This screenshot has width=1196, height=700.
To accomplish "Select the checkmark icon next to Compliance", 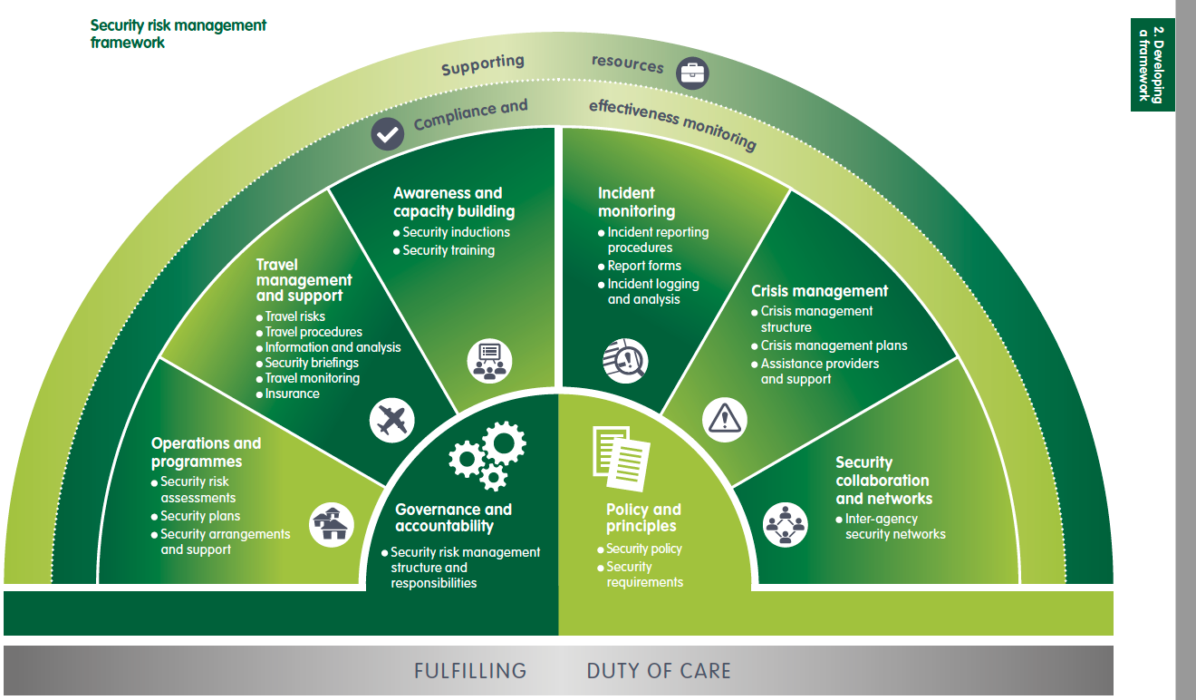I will [x=388, y=135].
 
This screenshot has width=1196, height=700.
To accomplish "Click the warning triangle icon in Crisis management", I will [x=724, y=419].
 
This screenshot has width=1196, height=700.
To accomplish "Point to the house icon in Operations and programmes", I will [x=332, y=524].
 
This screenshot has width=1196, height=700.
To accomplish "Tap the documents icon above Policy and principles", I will [x=621, y=457].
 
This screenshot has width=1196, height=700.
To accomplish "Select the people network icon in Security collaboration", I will [x=785, y=524].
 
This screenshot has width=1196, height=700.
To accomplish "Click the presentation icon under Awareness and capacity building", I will [x=489, y=360].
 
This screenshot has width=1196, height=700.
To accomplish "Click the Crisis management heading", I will [x=819, y=291].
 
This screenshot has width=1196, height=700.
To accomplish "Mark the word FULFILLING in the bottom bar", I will [x=469, y=671].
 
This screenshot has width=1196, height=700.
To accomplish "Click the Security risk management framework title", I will [x=178, y=33].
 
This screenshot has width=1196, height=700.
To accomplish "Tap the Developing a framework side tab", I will [x=1152, y=65].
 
